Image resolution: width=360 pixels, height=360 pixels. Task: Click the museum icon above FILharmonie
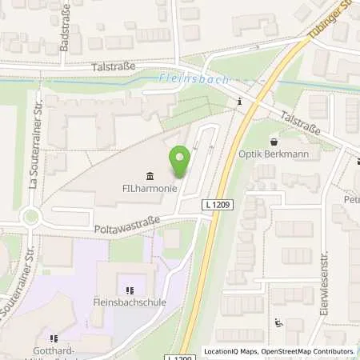150,176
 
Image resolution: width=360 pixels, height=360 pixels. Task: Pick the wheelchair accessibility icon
278,323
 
